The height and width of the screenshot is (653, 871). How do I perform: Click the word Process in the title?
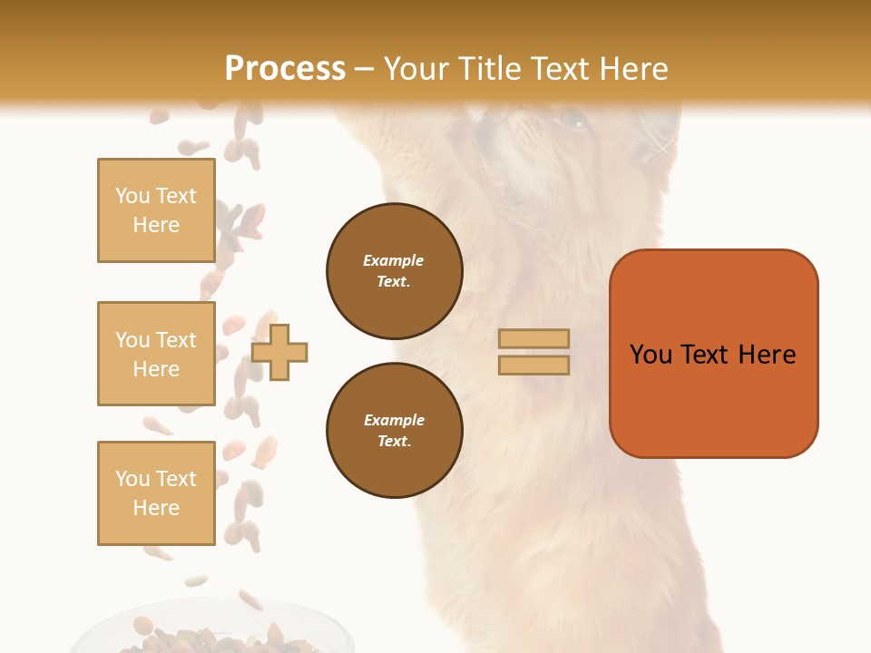point(285,69)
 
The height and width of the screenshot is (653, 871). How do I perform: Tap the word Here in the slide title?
point(628,69)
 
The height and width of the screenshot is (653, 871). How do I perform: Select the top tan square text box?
point(156,210)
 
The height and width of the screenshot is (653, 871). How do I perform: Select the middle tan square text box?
point(156,354)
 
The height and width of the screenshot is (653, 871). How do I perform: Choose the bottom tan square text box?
point(156,492)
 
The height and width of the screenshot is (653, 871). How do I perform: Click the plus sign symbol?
point(279,353)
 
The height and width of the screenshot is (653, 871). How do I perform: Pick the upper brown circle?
point(395,271)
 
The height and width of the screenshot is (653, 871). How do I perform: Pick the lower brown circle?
point(395,431)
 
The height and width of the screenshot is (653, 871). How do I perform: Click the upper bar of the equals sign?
point(534,339)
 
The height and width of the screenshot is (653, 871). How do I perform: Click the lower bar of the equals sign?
point(534,365)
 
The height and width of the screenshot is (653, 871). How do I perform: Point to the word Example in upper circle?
point(394,261)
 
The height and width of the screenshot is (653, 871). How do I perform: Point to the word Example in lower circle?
point(394,421)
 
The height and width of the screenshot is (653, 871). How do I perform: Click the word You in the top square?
point(132,196)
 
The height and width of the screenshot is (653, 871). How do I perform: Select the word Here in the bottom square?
point(156,508)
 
